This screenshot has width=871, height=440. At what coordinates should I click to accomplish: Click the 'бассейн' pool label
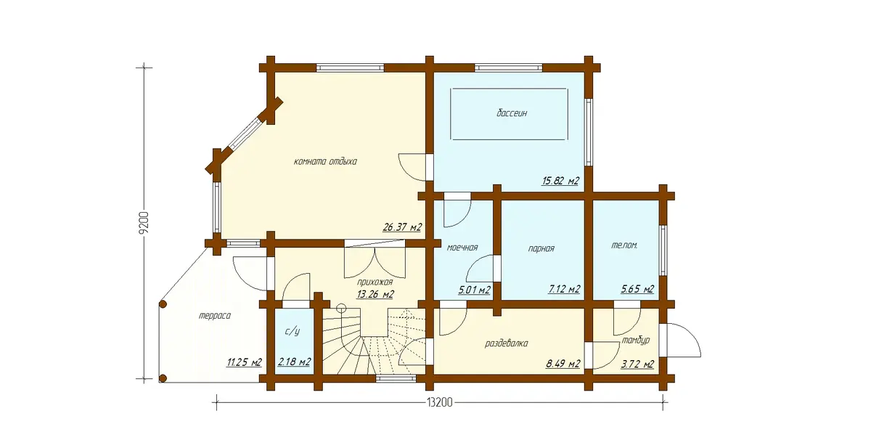coord(512,113)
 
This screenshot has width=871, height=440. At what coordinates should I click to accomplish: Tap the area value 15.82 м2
coord(560,181)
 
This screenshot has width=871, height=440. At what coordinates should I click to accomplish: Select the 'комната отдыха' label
coord(325,161)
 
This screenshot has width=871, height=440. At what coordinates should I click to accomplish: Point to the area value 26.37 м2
coord(402,227)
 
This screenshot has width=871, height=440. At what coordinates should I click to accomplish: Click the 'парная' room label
coord(541,248)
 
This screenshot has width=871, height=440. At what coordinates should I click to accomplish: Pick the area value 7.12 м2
coord(564,290)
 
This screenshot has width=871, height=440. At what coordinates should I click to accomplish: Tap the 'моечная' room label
coord(462,248)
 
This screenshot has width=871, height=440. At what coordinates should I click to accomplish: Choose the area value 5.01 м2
coord(474,290)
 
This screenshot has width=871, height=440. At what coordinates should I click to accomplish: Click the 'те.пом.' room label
coord(624,246)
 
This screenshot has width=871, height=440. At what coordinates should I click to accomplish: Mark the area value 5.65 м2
coord(637,290)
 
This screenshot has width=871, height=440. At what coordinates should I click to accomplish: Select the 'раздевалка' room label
coord(507,343)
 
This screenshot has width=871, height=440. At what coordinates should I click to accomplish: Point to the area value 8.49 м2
coord(563,364)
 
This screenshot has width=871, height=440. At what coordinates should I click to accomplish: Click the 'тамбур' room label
coord(635,341)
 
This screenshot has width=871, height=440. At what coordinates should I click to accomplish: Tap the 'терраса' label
coord(215,316)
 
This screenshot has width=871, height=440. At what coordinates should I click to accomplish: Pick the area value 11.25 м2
coord(244,362)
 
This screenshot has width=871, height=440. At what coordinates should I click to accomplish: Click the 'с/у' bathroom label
coord(292,332)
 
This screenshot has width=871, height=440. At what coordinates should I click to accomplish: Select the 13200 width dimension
coord(440,403)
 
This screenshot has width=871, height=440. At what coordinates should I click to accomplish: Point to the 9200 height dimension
coord(144,223)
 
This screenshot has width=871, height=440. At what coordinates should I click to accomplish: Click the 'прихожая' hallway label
coord(375,282)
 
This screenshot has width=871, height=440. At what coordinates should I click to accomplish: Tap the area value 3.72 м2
coord(637,364)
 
